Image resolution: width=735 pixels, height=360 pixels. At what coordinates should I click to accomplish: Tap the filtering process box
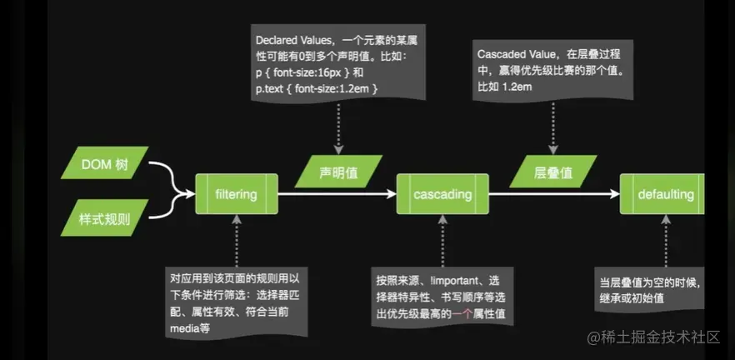[236, 195]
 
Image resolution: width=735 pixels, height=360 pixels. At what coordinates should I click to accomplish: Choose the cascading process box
[442, 195]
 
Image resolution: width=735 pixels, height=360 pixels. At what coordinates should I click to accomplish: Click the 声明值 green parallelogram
[338, 172]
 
